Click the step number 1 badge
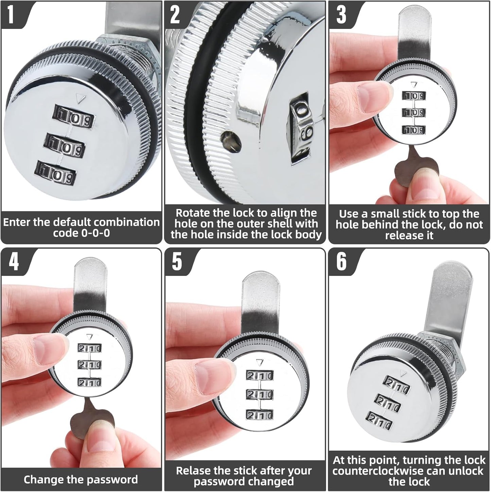pyautogui.click(x=11, y=15)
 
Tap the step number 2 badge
pyautogui.click(x=175, y=15)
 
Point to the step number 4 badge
pyautogui.click(x=14, y=262)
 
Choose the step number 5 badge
pyautogui.click(x=177, y=262)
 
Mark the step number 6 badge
pyautogui.click(x=341, y=262)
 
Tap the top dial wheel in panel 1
pyautogui.click(x=74, y=117)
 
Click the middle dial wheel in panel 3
pyautogui.click(x=414, y=112)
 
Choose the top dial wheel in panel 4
pyautogui.click(x=90, y=348)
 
